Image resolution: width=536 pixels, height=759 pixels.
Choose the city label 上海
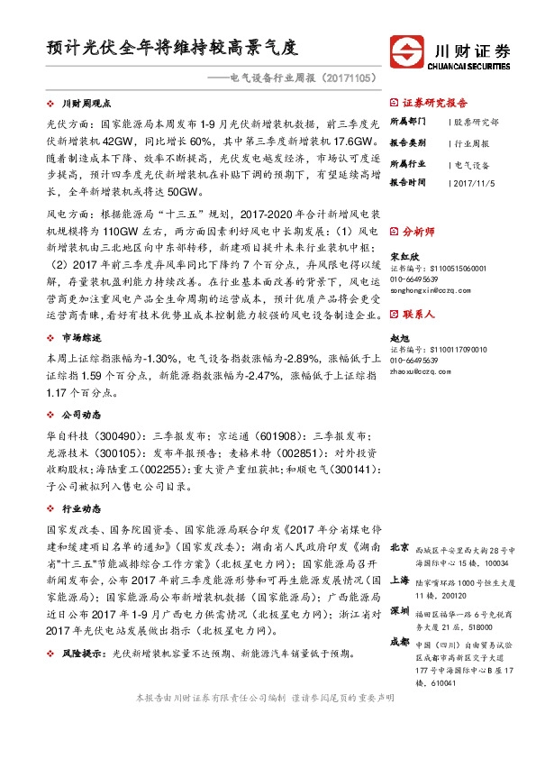[398, 581]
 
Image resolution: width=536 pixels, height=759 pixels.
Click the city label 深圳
[398, 610]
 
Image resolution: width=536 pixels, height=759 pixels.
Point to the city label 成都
[398, 643]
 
